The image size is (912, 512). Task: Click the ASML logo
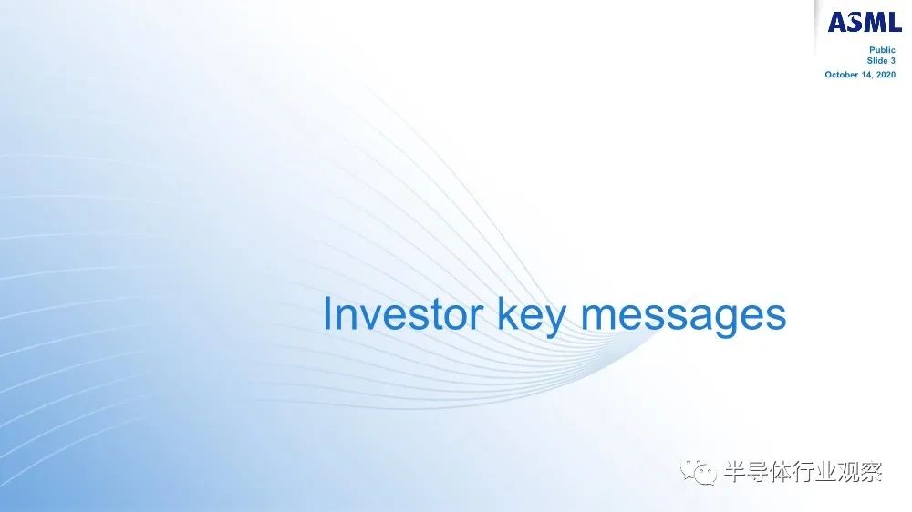tap(864, 22)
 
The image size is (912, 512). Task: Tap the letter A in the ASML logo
tap(837, 22)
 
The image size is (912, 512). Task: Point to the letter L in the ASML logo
tap(894, 22)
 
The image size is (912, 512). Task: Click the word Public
tap(882, 50)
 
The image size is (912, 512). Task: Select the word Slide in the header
tap(877, 60)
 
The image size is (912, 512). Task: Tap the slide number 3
tap(893, 60)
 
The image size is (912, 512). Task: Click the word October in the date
tap(841, 75)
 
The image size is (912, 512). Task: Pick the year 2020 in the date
tap(886, 75)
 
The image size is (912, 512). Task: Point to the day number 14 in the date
tap(865, 75)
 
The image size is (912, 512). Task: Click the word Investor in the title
tap(403, 313)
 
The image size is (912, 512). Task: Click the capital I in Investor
tap(326, 313)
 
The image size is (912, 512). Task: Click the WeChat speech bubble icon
tap(698, 471)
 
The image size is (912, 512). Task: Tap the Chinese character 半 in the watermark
tap(734, 471)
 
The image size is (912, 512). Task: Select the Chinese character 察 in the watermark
tap(872, 471)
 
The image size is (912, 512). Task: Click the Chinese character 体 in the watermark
tap(781, 471)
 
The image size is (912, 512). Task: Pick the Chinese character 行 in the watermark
tap(803, 471)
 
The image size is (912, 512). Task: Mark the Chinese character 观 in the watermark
tap(849, 471)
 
